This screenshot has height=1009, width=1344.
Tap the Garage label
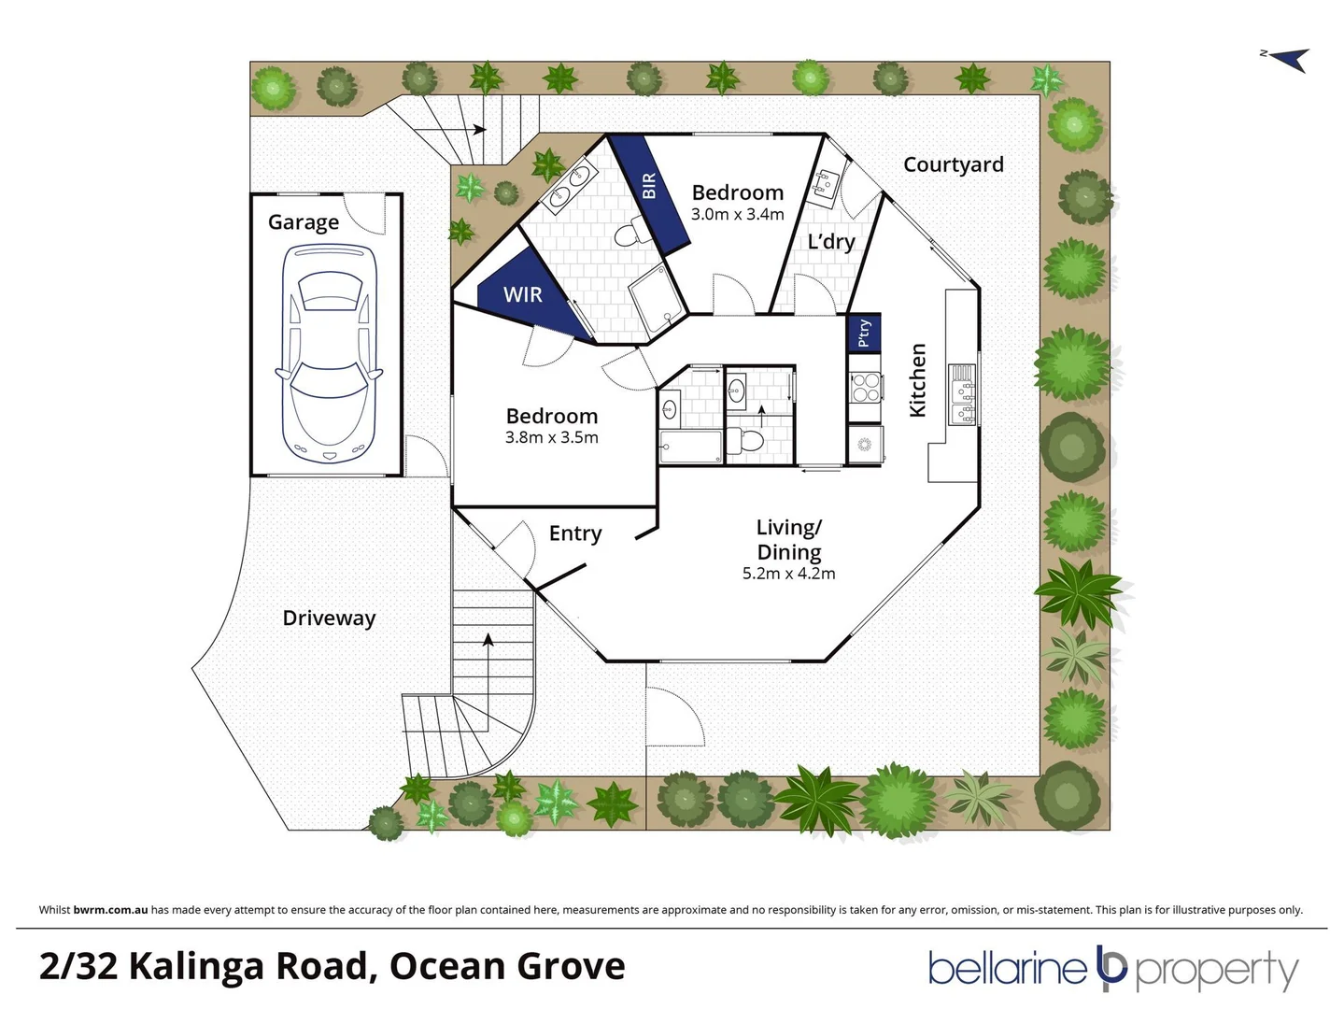pyautogui.click(x=303, y=222)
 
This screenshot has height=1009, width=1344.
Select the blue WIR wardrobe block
pyautogui.click(x=522, y=294)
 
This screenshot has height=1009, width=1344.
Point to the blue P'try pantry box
pyautogui.click(x=864, y=332)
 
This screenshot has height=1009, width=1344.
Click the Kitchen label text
pyautogui.click(x=918, y=379)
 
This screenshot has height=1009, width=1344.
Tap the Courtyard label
pyautogui.click(x=953, y=164)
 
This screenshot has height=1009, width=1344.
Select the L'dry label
pyautogui.click(x=831, y=242)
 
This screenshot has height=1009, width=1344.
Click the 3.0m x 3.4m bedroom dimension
pyautogui.click(x=737, y=214)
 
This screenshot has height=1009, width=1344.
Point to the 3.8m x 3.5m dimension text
pyautogui.click(x=551, y=437)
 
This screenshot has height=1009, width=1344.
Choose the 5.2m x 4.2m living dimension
pyautogui.click(x=788, y=574)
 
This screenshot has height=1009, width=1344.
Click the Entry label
pyautogui.click(x=574, y=533)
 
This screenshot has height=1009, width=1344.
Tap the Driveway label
pyautogui.click(x=329, y=618)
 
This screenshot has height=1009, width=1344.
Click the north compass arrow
pyautogui.click(x=1287, y=59)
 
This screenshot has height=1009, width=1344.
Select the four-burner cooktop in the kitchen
pyautogui.click(x=866, y=387)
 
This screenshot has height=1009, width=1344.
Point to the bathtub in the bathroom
pyautogui.click(x=690, y=447)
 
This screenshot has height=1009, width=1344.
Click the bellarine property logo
pyautogui.click(x=1112, y=969)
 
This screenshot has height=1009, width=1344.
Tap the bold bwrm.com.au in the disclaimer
pyautogui.click(x=110, y=910)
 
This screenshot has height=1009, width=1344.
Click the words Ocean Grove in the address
pyautogui.click(x=507, y=966)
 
